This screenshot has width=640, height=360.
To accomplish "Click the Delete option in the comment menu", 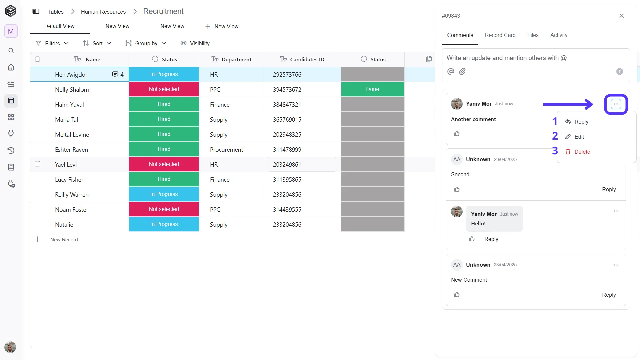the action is click(578, 152).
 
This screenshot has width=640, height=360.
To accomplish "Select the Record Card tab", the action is click(500, 35).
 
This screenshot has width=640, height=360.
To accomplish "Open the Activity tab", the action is click(559, 35).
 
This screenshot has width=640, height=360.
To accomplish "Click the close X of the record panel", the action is click(622, 16).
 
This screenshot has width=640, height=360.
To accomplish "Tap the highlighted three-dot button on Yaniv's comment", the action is click(616, 104).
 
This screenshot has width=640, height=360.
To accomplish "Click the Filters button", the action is click(52, 43).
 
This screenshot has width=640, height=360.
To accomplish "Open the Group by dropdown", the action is click(146, 43).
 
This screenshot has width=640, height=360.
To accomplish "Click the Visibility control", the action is click(195, 43).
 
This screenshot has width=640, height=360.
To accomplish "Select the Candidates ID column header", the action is click(302, 59).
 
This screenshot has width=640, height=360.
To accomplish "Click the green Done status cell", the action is click(373, 89).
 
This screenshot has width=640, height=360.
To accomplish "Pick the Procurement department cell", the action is click(226, 150).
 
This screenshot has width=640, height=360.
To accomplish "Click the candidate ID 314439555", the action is click(287, 210).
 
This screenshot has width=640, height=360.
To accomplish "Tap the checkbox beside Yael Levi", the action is click(38, 164).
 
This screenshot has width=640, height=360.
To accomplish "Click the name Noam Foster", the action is click(72, 210).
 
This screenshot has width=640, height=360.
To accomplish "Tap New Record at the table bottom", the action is click(66, 240).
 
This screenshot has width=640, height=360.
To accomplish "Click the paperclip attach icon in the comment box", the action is click(462, 71).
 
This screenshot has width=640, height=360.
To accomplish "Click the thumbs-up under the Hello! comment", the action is click(472, 239).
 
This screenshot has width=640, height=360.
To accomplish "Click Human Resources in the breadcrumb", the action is click(103, 12).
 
